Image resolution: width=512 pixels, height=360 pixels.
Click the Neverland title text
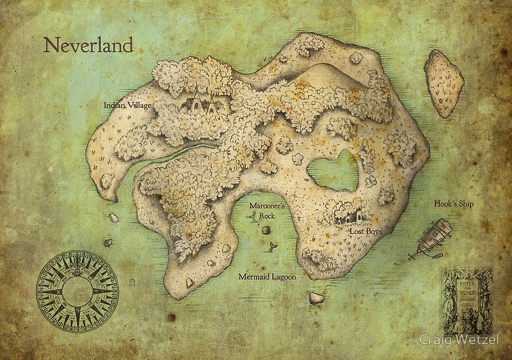88,45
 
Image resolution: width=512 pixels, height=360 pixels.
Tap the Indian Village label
127,104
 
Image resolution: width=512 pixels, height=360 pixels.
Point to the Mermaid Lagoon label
267,277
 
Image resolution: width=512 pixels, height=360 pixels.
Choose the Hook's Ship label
453,204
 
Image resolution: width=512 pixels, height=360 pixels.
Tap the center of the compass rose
77,291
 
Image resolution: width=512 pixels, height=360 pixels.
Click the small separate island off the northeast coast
444,83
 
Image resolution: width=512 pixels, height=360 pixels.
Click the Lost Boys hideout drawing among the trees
345,215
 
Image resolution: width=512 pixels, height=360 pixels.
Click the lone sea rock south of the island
316,298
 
